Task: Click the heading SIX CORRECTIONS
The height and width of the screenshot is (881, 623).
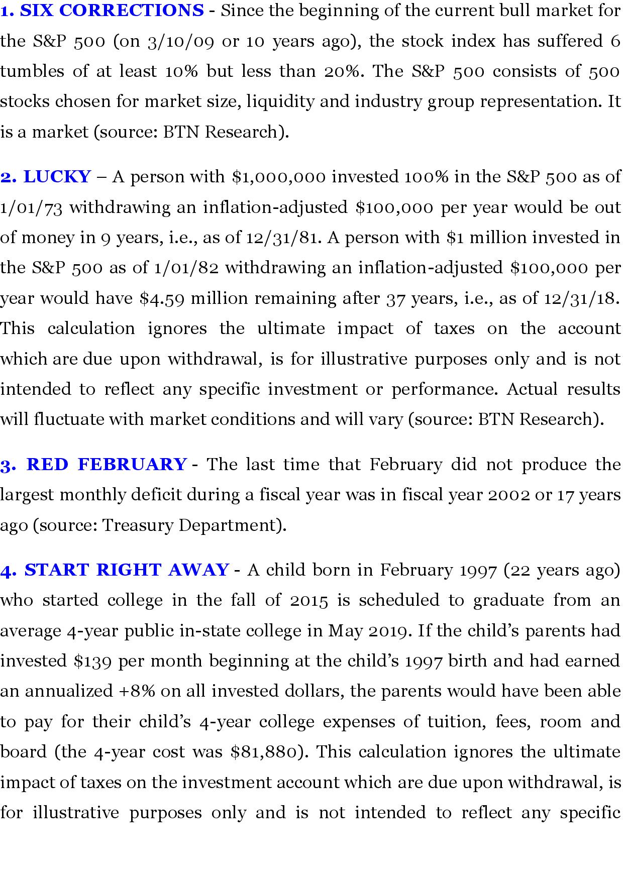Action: pyautogui.click(x=112, y=11)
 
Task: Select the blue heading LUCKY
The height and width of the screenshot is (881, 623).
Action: pyautogui.click(x=57, y=177)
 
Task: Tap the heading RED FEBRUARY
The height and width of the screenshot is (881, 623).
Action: pyautogui.click(x=107, y=464)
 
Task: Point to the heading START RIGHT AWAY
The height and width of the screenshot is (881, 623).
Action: pyautogui.click(x=127, y=570)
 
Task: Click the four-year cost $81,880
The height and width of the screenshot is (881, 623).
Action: pyautogui.click(x=266, y=752)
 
